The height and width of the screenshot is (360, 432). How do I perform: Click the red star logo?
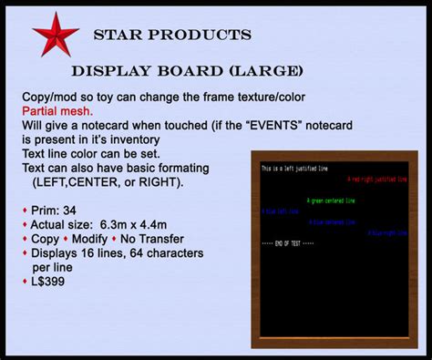click(56, 35)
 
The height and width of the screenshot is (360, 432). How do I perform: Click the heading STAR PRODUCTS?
click(172, 36)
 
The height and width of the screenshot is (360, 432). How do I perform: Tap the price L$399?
click(47, 282)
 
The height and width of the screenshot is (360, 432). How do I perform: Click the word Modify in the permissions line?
click(104, 239)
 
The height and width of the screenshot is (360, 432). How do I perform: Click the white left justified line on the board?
click(293, 170)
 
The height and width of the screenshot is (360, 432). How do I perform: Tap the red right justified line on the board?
click(376, 180)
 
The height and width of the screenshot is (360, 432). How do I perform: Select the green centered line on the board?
click(330, 201)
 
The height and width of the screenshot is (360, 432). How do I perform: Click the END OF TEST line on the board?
click(287, 243)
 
